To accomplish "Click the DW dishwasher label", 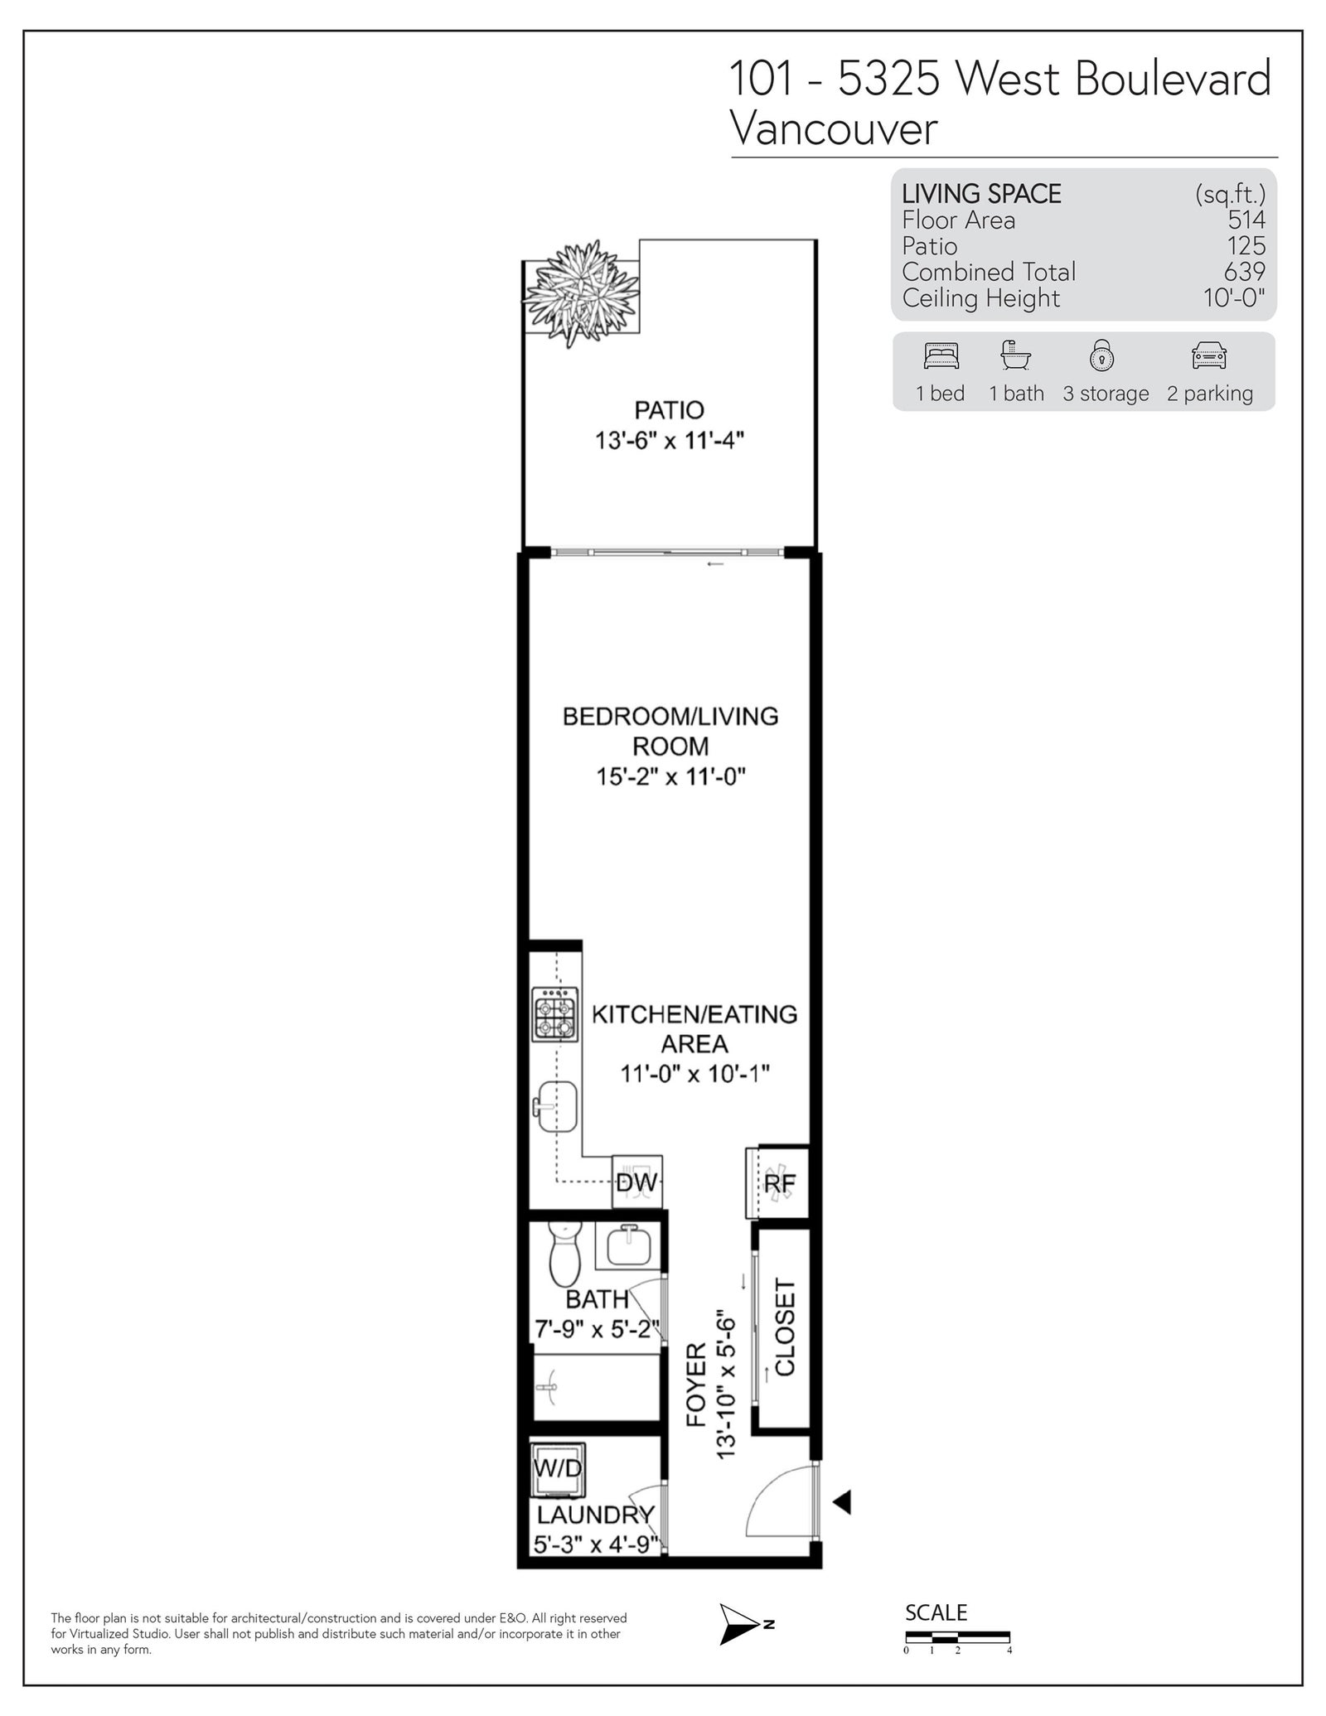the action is [636, 1182].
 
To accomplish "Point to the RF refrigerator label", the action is [779, 1184].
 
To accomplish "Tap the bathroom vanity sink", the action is [628, 1245].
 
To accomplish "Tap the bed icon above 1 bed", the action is [941, 355].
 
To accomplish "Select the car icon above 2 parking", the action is [1208, 355].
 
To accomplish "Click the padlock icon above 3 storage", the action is [1101, 355].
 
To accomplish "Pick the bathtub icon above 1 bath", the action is [1015, 355].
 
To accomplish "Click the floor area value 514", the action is [1246, 220].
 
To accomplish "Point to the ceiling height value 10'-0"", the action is [1234, 297].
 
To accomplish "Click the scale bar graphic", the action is [957, 1637].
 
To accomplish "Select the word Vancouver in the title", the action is [834, 128].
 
